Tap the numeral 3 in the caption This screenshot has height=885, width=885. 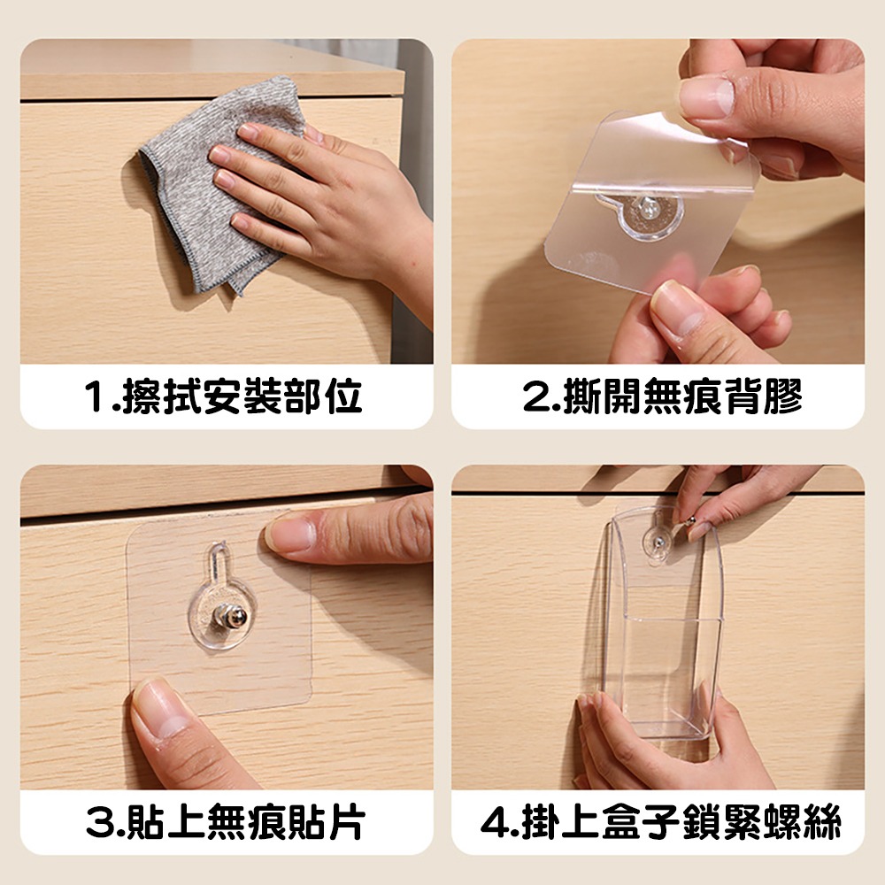(x=98, y=823)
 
